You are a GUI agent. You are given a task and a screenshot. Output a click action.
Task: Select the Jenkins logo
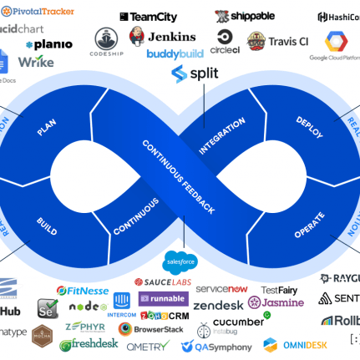tap(163, 37)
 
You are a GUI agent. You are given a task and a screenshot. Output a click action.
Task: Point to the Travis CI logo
tap(278, 40)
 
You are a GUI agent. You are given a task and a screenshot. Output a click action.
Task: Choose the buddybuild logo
tap(175, 54)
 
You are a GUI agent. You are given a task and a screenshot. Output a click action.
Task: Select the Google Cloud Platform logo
tap(335, 46)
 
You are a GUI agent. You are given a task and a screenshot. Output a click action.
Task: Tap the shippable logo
tap(246, 16)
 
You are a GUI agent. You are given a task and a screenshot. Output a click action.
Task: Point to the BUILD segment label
tap(47, 223)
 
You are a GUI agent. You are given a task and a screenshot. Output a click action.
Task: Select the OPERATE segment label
tap(310, 226)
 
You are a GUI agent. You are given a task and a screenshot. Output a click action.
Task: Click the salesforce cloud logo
tap(178, 261)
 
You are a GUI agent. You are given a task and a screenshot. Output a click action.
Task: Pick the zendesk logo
tap(218, 305)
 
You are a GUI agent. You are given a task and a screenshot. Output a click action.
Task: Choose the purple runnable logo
tap(163, 299)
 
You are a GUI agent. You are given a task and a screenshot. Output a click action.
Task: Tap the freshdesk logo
tap(89, 342)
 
